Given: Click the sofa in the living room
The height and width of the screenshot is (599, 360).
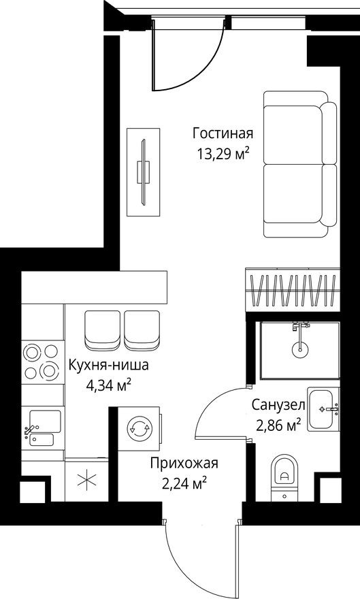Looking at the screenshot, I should pos(299,170).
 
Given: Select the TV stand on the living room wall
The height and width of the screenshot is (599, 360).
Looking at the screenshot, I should pos(143,170).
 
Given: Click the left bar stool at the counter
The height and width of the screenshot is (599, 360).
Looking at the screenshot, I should pos(103,329).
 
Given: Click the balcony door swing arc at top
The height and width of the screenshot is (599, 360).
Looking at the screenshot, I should pos(197,65).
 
